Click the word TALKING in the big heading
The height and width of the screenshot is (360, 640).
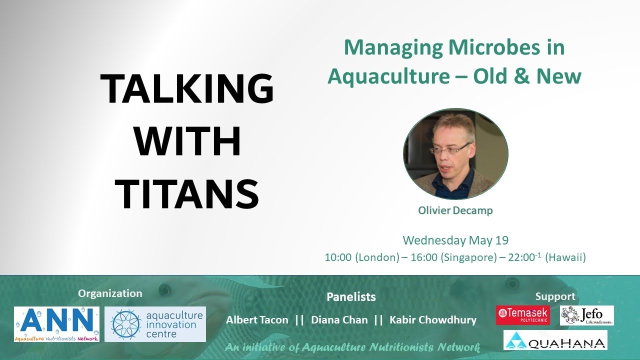coord(187,89)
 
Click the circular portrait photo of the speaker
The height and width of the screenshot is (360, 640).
coord(455,154)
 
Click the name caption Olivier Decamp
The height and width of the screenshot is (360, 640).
coord(455,210)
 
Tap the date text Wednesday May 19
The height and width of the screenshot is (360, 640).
coord(455,240)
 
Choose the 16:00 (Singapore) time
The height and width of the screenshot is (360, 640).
coord(441,257)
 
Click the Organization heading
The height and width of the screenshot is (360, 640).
coord(110,293)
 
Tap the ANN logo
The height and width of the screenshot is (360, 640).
coord(56,324)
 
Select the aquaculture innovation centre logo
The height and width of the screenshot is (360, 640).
coord(155,324)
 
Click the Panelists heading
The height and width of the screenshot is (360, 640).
coord(351,296)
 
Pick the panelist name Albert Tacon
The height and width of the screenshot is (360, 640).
coord(257,320)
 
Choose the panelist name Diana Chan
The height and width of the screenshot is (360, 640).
coord(339,320)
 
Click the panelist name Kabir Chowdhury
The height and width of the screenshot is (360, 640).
coord(432,320)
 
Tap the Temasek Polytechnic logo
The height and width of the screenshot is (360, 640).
coord(523,315)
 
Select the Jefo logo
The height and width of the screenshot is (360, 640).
coord(586,315)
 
